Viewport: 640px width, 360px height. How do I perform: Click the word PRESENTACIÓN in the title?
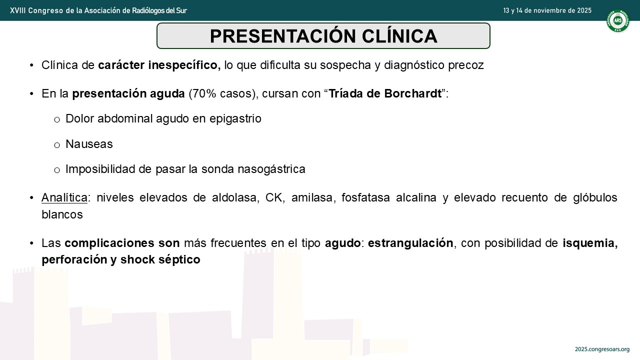[x=282, y=36]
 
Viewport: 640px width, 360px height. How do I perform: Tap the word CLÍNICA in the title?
[x=399, y=36]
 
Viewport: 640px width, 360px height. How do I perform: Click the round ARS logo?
[x=617, y=20]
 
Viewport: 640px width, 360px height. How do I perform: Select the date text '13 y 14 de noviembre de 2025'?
[x=547, y=10]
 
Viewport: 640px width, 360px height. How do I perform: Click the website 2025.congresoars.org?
[x=602, y=349]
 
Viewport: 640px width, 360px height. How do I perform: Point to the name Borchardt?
[x=413, y=93]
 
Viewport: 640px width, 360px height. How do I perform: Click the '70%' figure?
[x=204, y=93]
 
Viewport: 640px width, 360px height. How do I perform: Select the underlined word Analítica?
[x=64, y=197]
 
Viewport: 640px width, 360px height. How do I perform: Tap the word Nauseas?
[x=89, y=144]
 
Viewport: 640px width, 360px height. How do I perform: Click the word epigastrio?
[x=235, y=119]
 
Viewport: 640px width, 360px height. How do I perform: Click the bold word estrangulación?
[x=410, y=243]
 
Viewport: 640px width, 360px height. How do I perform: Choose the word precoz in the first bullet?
[x=465, y=65]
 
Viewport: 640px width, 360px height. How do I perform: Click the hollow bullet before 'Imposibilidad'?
[x=57, y=170]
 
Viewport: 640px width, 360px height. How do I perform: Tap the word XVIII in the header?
[x=17, y=10]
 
